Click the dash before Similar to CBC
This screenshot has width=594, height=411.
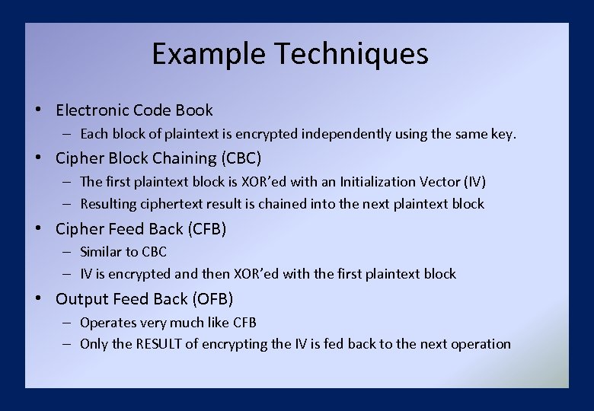pos(67,252)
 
